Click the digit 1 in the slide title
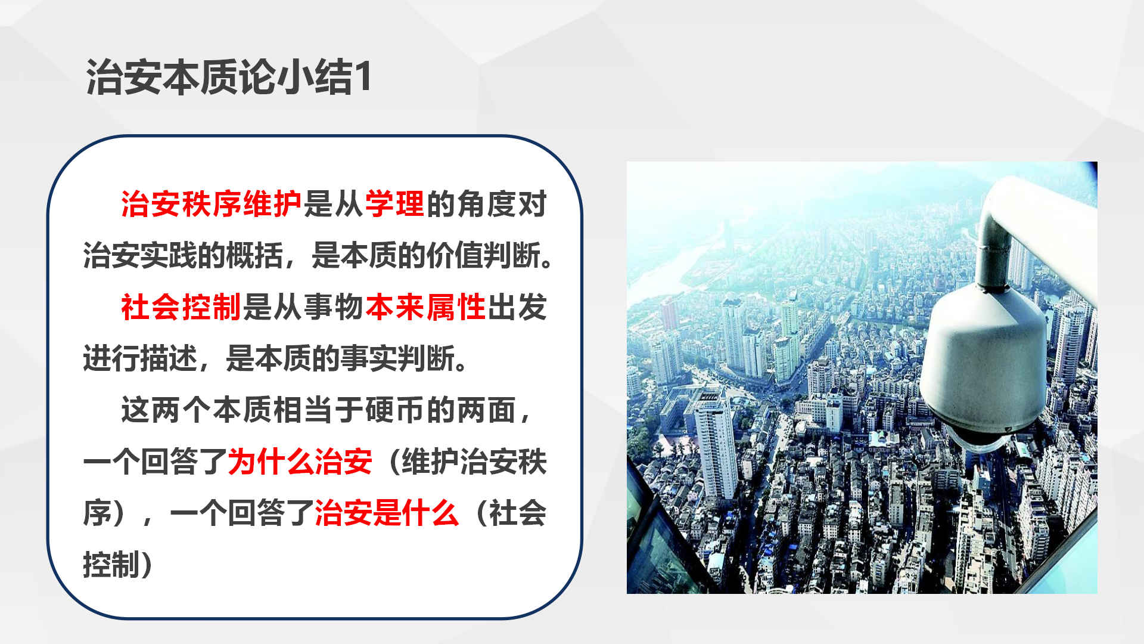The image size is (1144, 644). click(x=363, y=78)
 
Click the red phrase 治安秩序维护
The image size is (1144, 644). click(x=212, y=205)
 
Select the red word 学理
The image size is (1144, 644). click(x=394, y=205)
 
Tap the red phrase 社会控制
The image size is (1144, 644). click(x=181, y=308)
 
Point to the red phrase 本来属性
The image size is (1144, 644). click(x=425, y=308)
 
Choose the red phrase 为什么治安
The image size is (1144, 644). click(x=300, y=462)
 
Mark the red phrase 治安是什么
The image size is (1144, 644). click(x=387, y=513)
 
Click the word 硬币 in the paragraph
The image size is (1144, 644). click(x=394, y=411)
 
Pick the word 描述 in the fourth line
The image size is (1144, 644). click(x=169, y=359)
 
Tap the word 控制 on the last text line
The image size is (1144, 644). click(x=111, y=565)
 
